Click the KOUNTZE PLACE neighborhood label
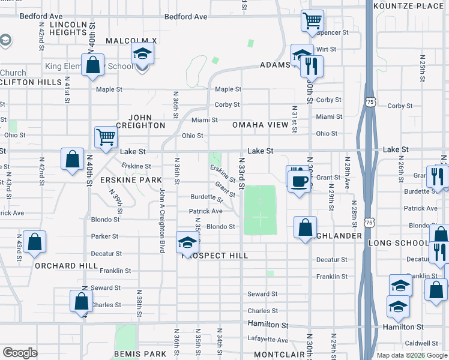[408, 5]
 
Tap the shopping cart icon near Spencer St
[312, 21]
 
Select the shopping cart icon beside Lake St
[106, 137]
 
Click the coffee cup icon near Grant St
[298, 179]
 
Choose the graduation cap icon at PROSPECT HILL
[187, 243]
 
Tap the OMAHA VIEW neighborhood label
[261, 125]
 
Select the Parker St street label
[105, 236]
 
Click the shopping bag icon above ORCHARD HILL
[35, 242]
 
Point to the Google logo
[20, 353]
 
